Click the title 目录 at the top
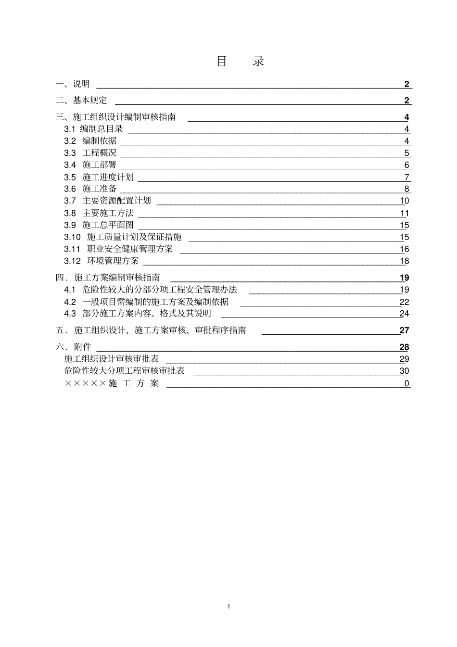pos(240,61)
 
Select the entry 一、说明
pos(73,84)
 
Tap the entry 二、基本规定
pos(81,101)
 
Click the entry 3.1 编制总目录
pos(94,129)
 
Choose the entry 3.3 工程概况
pos(90,153)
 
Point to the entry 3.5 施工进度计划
pos(99,177)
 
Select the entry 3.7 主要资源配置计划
pos(108,201)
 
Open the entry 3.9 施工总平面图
pos(99,225)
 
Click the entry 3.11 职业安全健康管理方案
pos(119,249)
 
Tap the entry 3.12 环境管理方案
pos(102,261)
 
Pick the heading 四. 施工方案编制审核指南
pos(108,278)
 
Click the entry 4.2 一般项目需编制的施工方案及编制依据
pos(147,302)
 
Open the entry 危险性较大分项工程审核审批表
pos(125,371)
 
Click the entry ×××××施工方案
pos(112,383)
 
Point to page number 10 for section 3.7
pos(404,201)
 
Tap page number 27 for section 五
pos(404,330)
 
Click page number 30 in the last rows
pos(404,371)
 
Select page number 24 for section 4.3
pos(404,314)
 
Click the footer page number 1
pos(228,606)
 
